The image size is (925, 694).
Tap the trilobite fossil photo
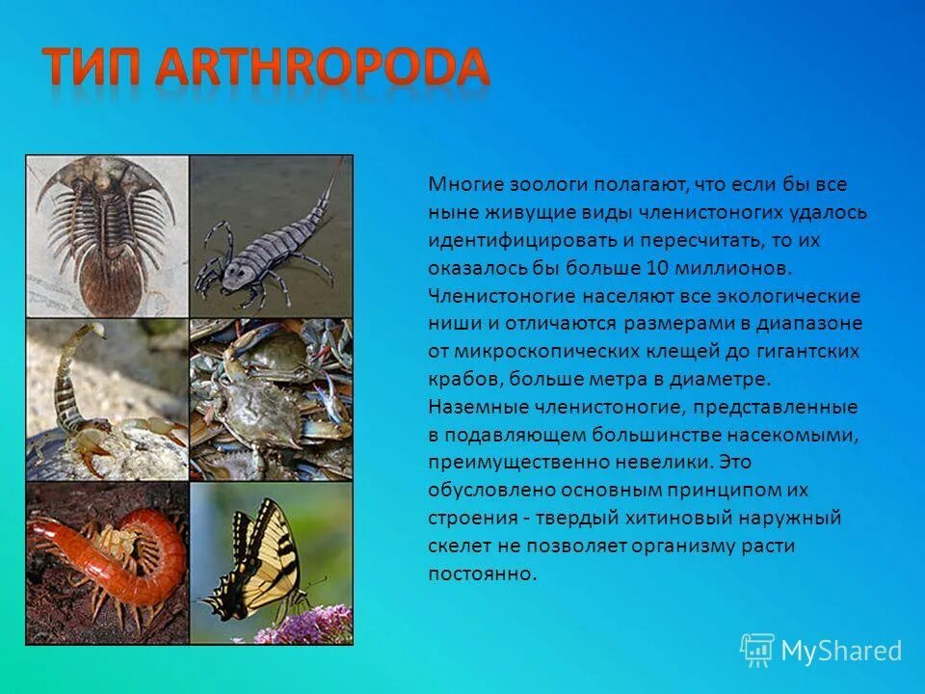pyautogui.click(x=107, y=236)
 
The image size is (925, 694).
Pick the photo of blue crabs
pyautogui.click(x=271, y=400)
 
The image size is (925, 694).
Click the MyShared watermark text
pyautogui.click(x=840, y=652)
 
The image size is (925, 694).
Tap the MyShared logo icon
pyautogui.click(x=757, y=650)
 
